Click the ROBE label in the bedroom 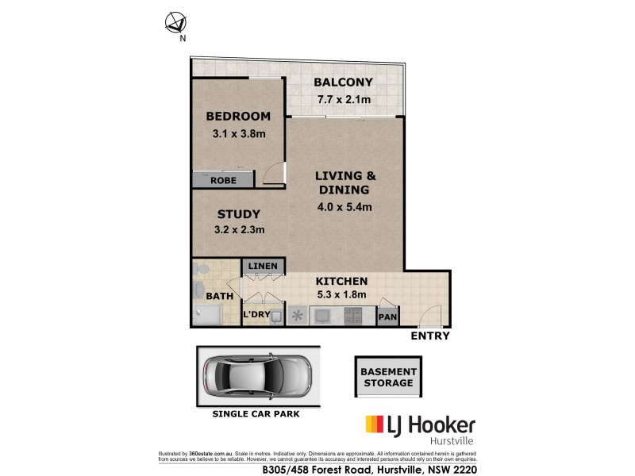pos(223,181)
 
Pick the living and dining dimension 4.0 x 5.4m pos(343,207)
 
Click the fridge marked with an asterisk pos(297,316)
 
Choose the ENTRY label pos(429,336)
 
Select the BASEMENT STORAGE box pos(388,376)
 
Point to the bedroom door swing pos(275,173)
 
